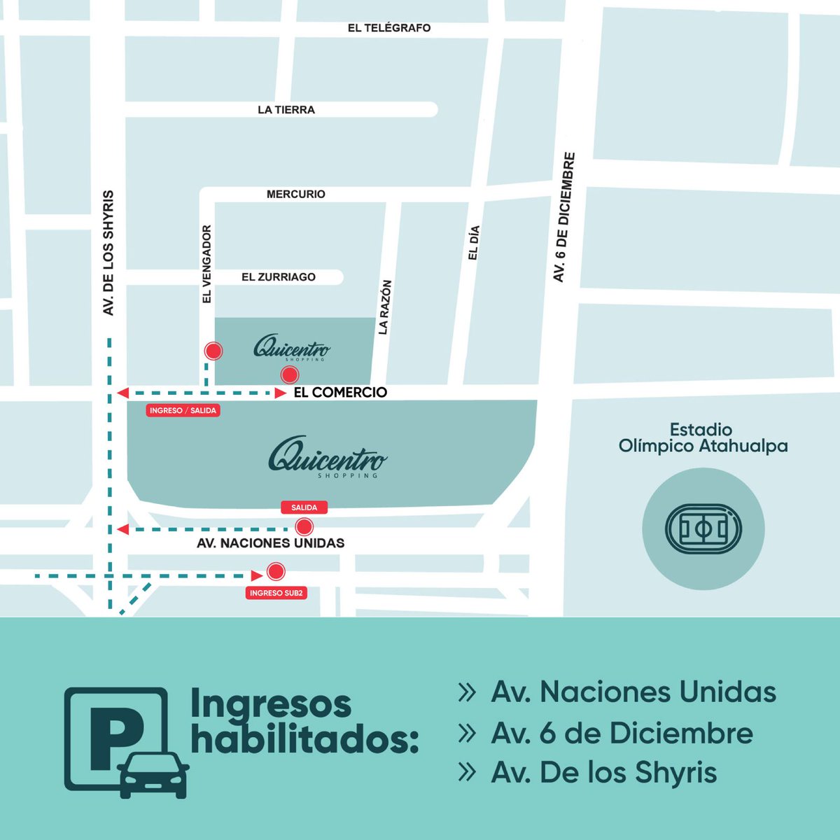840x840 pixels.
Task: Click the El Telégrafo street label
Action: click(389, 28)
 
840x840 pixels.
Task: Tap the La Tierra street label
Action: click(286, 110)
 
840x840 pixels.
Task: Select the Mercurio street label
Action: click(296, 194)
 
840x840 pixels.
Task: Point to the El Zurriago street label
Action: click(279, 277)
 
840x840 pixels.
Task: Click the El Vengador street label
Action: click(206, 264)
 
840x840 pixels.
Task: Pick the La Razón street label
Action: click(384, 307)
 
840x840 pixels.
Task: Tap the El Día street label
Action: click(473, 243)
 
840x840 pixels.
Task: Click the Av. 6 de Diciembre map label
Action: click(564, 218)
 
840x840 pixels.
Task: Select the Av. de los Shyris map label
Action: click(108, 253)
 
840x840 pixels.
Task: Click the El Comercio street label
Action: click(340, 392)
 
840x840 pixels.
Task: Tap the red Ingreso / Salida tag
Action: click(183, 410)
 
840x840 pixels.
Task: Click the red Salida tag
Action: click(304, 507)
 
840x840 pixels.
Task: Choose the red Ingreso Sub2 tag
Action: click(276, 593)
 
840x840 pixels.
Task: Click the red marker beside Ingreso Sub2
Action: click(276, 572)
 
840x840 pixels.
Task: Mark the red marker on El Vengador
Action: click(213, 351)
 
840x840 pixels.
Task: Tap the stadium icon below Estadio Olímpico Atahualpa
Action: click(703, 528)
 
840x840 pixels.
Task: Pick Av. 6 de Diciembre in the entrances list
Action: click(622, 733)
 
